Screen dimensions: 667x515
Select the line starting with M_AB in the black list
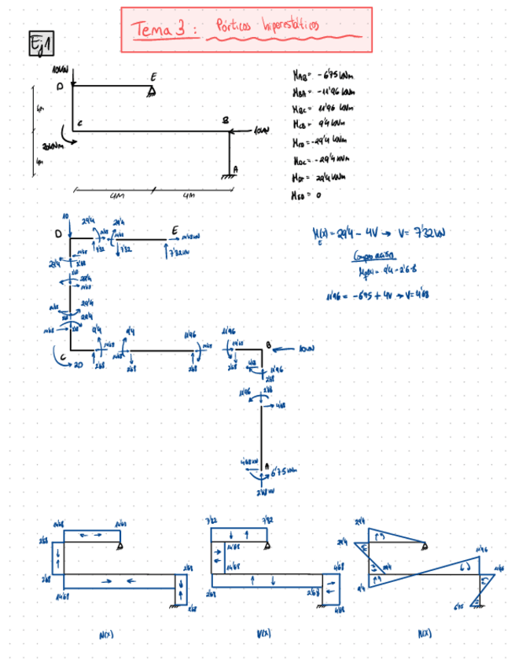(322, 76)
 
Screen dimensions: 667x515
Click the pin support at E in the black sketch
(152, 92)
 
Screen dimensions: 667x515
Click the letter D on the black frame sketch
(59, 86)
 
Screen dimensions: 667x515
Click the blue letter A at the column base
(267, 465)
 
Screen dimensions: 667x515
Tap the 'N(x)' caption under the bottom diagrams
(105, 632)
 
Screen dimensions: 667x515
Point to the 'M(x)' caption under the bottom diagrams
(425, 632)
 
